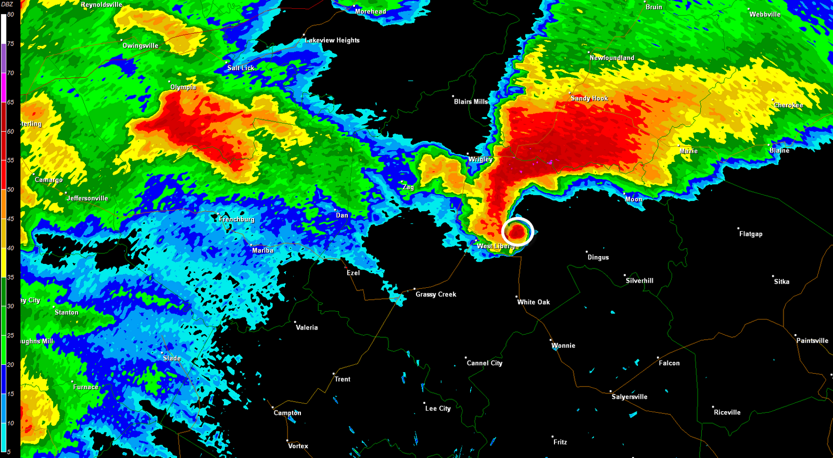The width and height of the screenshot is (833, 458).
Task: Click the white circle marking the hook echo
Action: (x=518, y=231)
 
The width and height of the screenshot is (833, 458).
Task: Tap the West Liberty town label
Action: (x=495, y=246)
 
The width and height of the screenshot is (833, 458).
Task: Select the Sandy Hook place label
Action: (x=589, y=98)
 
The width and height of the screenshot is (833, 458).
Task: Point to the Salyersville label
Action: (x=629, y=397)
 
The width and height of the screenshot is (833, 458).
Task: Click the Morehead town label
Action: (x=370, y=11)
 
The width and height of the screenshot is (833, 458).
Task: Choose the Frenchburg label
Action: (x=237, y=219)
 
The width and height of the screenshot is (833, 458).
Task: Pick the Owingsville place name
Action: (x=141, y=46)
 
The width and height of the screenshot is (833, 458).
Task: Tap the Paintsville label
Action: (x=812, y=340)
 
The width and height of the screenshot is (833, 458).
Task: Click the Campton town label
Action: (x=287, y=413)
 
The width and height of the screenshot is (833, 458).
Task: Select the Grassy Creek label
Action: (x=436, y=294)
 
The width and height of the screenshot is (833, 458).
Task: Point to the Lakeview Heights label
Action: (x=332, y=40)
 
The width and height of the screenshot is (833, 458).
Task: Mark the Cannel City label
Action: (x=484, y=363)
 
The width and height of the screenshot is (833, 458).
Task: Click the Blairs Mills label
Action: (x=471, y=101)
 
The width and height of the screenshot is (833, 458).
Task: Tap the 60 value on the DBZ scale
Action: (x=10, y=131)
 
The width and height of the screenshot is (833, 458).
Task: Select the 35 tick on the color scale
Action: (x=10, y=277)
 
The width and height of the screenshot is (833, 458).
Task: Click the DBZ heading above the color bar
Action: (x=7, y=4)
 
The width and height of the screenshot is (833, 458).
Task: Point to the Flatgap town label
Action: (x=751, y=234)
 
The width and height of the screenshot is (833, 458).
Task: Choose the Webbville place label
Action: (x=765, y=14)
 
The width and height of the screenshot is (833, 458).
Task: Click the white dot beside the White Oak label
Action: (x=517, y=296)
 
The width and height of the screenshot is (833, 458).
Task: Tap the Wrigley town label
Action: (x=481, y=159)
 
